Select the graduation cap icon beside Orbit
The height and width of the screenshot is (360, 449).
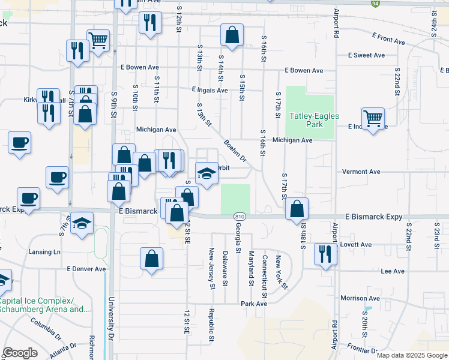[x=207, y=174]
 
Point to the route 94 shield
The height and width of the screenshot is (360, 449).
[x=375, y=3]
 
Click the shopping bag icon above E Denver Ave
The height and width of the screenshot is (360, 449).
[x=152, y=259]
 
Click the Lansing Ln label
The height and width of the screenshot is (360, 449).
[x=44, y=252]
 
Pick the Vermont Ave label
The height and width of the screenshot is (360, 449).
[x=361, y=172]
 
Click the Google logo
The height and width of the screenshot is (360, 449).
[x=20, y=353]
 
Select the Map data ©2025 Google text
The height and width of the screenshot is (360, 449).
[x=411, y=355]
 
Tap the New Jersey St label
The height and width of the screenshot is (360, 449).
[x=211, y=268]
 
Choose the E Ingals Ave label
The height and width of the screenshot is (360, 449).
[x=209, y=90]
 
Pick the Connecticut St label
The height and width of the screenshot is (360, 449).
[x=264, y=277]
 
